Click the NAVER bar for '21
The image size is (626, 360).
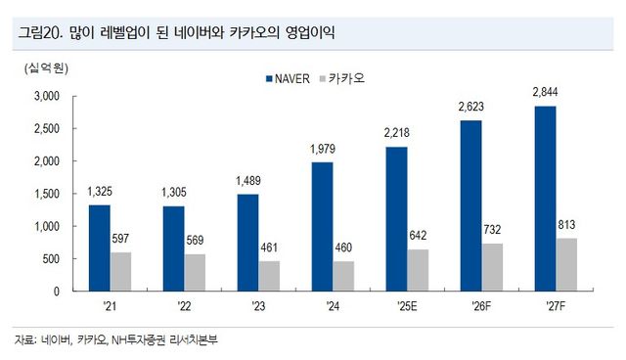[x=99, y=247]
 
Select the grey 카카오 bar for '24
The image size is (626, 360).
[x=343, y=276]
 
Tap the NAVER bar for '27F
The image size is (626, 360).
[x=545, y=199]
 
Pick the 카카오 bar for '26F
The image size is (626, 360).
[x=493, y=267]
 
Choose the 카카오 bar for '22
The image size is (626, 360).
[x=196, y=272]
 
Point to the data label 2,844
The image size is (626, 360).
[x=545, y=92]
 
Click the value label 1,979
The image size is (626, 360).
[x=322, y=149]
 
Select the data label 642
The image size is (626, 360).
[x=419, y=236]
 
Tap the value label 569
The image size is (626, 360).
[x=196, y=241]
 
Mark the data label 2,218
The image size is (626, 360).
[x=396, y=133]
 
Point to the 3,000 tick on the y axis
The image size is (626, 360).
[x=45, y=96]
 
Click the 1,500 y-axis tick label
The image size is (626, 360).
[x=45, y=194]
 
